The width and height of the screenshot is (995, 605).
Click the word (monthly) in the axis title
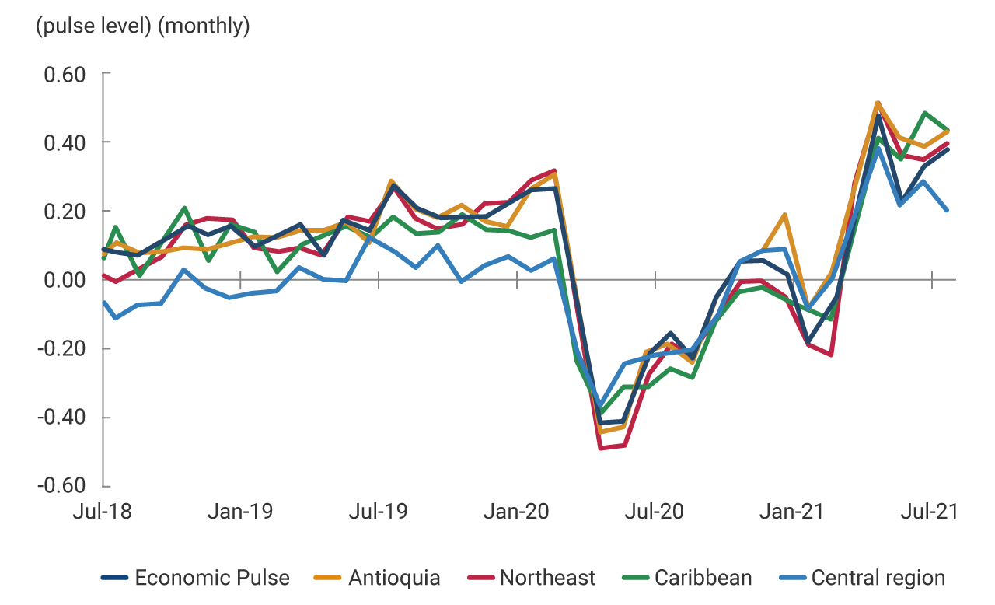pyautogui.click(x=204, y=27)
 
